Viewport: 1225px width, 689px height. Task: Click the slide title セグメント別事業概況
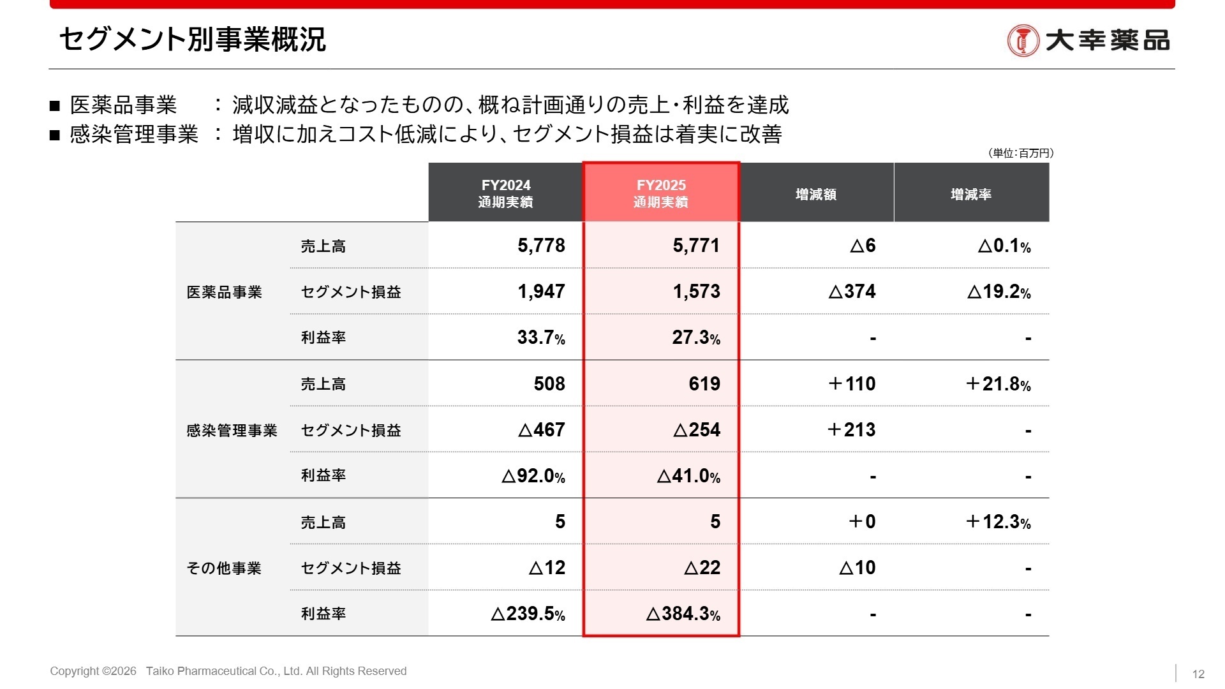192,40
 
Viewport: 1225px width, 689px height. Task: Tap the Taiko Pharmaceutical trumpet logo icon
1023,41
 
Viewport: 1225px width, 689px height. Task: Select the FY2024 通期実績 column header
506,193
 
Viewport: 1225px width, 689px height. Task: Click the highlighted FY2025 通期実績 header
661,193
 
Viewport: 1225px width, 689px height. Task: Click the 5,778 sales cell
541,246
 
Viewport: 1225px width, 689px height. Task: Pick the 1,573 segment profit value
696,292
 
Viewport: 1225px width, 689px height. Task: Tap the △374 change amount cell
852,292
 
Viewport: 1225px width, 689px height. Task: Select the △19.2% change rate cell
999,292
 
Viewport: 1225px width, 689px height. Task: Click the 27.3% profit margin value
695,337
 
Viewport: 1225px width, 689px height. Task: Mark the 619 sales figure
704,383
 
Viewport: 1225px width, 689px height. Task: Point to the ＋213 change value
851,429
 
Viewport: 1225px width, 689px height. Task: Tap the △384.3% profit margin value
683,614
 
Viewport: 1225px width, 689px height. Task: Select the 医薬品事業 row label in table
224,292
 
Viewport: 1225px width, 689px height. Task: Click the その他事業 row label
224,568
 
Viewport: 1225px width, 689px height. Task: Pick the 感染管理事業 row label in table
232,431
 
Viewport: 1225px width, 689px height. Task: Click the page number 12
1198,674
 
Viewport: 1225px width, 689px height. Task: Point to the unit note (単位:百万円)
1020,153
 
